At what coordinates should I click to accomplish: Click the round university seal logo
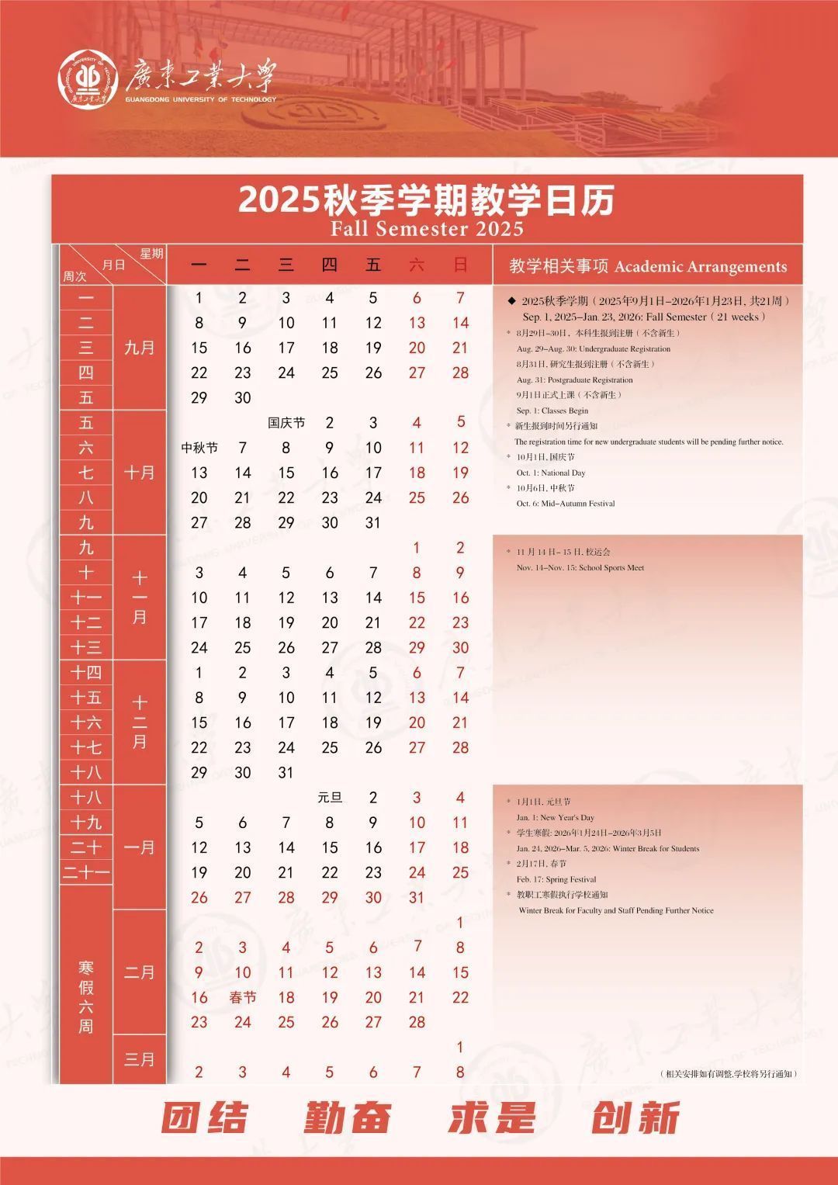coord(88,79)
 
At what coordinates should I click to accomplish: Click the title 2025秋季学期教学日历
coord(426,200)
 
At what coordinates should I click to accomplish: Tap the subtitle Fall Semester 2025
coord(427,229)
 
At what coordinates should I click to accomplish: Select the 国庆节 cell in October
coord(286,423)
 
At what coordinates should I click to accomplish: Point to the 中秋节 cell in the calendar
coord(199,448)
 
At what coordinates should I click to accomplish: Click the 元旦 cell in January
coord(330,798)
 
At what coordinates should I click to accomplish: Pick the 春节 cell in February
coord(243,997)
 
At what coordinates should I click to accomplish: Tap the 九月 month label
coord(140,348)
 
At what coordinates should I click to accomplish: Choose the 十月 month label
coord(140,473)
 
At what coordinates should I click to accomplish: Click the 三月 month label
coord(140,1059)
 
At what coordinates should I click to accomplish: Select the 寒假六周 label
coord(85,997)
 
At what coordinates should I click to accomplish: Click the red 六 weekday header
coord(417,265)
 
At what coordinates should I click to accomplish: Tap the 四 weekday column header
coord(330,265)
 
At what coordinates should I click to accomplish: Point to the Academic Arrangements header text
coord(701,267)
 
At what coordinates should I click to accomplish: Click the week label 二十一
coord(86,873)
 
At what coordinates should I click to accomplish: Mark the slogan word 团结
coord(205,1118)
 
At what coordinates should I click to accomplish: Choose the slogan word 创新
coord(635,1118)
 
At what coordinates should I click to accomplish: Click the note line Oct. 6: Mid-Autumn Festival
coord(566,504)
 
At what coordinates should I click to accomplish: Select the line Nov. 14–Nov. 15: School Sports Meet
coord(580,568)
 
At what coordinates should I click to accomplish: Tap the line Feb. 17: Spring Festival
coord(556,880)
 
